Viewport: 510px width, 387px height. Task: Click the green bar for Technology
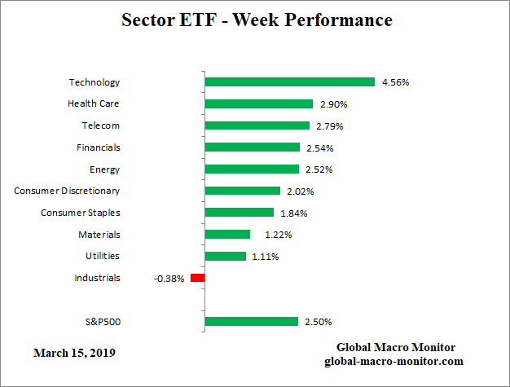(289, 81)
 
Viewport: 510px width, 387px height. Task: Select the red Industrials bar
(197, 278)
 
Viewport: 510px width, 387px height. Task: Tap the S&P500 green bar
(252, 321)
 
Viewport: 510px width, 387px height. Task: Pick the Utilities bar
(225, 256)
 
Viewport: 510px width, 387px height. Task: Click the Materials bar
(227, 234)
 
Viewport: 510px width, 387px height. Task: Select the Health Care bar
(259, 103)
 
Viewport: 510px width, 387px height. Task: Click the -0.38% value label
(168, 278)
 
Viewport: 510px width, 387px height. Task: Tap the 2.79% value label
(330, 125)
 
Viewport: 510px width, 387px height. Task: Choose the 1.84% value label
(294, 213)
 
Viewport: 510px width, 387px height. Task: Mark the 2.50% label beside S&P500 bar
(318, 321)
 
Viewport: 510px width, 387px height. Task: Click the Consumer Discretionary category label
(67, 191)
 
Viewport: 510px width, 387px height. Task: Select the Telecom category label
(100, 125)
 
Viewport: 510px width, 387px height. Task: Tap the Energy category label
(104, 169)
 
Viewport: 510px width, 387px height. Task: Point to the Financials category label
(98, 147)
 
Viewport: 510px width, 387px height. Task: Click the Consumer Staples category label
(81, 213)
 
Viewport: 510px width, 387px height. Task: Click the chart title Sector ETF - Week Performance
(256, 20)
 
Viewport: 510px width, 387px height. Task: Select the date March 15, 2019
(74, 353)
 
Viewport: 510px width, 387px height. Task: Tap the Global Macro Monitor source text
(396, 347)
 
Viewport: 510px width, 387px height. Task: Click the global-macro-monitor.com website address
(396, 361)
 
